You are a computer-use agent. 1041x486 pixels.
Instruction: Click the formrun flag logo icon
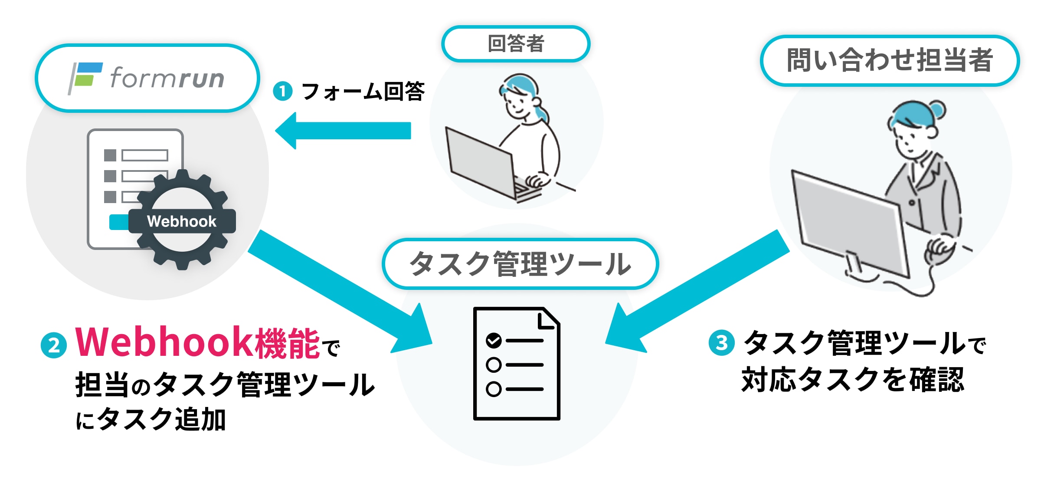point(85,77)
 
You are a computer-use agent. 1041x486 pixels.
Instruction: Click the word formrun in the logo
point(167,78)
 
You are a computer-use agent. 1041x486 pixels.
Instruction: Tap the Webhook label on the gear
point(182,221)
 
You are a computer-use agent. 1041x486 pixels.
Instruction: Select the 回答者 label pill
point(516,44)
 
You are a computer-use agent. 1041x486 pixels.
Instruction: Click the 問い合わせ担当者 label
point(890,60)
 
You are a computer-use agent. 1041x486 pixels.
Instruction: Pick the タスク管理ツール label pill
point(520,264)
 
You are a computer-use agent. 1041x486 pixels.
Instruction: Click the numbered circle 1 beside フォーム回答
point(283,92)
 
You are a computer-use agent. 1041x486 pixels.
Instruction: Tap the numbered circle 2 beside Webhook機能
point(54,345)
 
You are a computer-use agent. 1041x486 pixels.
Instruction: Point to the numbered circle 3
point(721,343)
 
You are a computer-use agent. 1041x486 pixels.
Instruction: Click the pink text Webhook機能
point(197,343)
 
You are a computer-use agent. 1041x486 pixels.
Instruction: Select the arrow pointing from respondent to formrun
point(343,131)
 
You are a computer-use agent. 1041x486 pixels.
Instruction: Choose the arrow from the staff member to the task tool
point(698,291)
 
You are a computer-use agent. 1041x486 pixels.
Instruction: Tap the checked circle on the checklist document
point(494,341)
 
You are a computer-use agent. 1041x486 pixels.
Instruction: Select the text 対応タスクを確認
point(853,380)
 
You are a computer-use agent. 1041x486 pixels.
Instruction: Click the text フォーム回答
point(363,92)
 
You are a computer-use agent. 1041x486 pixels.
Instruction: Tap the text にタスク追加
point(151,420)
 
